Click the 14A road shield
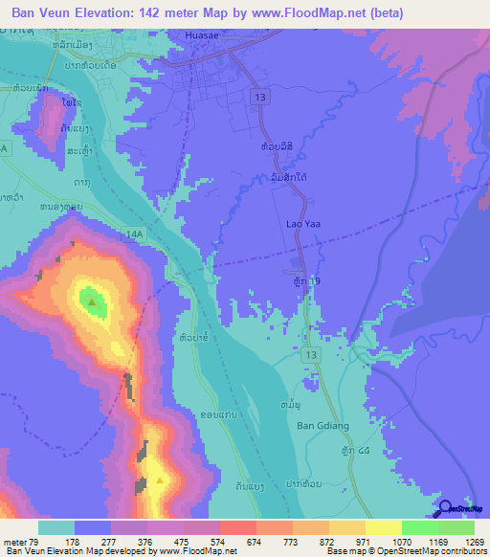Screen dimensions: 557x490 pyautogui.click(x=134, y=233)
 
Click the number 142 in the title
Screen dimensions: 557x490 pyautogui.click(x=181, y=12)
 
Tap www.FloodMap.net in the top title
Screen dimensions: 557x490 pyautogui.click(x=316, y=12)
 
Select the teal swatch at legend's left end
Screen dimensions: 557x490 pyautogui.click(x=56, y=527)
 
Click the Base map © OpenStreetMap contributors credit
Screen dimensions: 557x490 pyautogui.click(x=405, y=549)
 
